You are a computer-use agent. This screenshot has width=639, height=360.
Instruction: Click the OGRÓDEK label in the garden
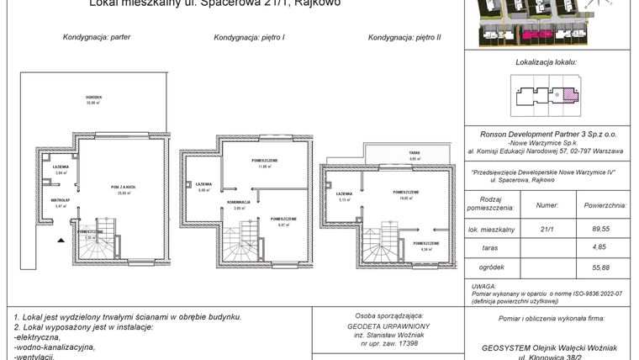click(x=94, y=98)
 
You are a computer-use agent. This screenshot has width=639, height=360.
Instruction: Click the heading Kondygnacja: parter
click(x=97, y=38)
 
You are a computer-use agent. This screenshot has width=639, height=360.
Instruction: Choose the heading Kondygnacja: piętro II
click(x=404, y=38)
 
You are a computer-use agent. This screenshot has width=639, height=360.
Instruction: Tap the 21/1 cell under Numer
click(x=546, y=227)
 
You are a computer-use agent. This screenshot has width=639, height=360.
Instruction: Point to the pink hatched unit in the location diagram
click(x=569, y=94)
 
